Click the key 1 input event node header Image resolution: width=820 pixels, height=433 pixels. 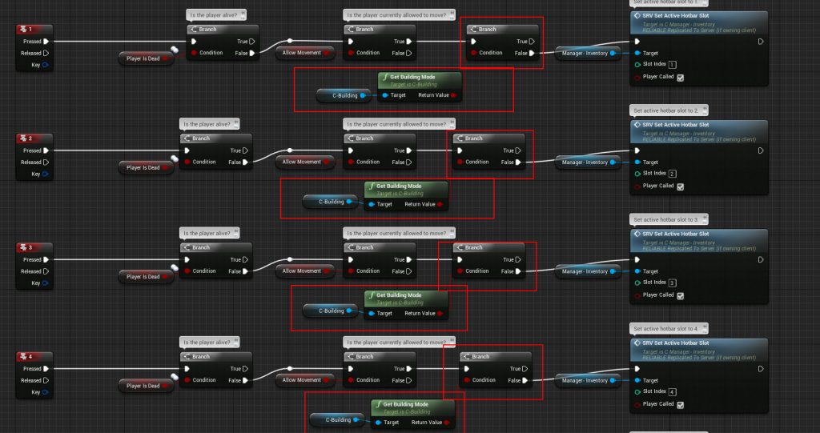click(34, 30)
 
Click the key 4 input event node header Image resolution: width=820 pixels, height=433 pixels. click(34, 356)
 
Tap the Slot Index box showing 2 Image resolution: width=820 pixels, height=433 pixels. click(672, 174)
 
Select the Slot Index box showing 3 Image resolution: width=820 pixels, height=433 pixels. click(672, 283)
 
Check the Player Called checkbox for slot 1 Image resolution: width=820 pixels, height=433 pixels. click(680, 78)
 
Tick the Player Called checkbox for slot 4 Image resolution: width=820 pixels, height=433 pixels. click(680, 404)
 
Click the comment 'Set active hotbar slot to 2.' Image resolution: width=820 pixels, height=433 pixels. click(669, 110)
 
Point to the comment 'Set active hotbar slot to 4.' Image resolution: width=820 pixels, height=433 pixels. click(669, 328)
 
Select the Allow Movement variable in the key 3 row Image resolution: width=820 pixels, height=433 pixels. click(302, 271)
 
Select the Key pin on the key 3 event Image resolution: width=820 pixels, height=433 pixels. click(46, 283)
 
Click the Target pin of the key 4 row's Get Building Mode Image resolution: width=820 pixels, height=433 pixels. click(379, 422)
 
